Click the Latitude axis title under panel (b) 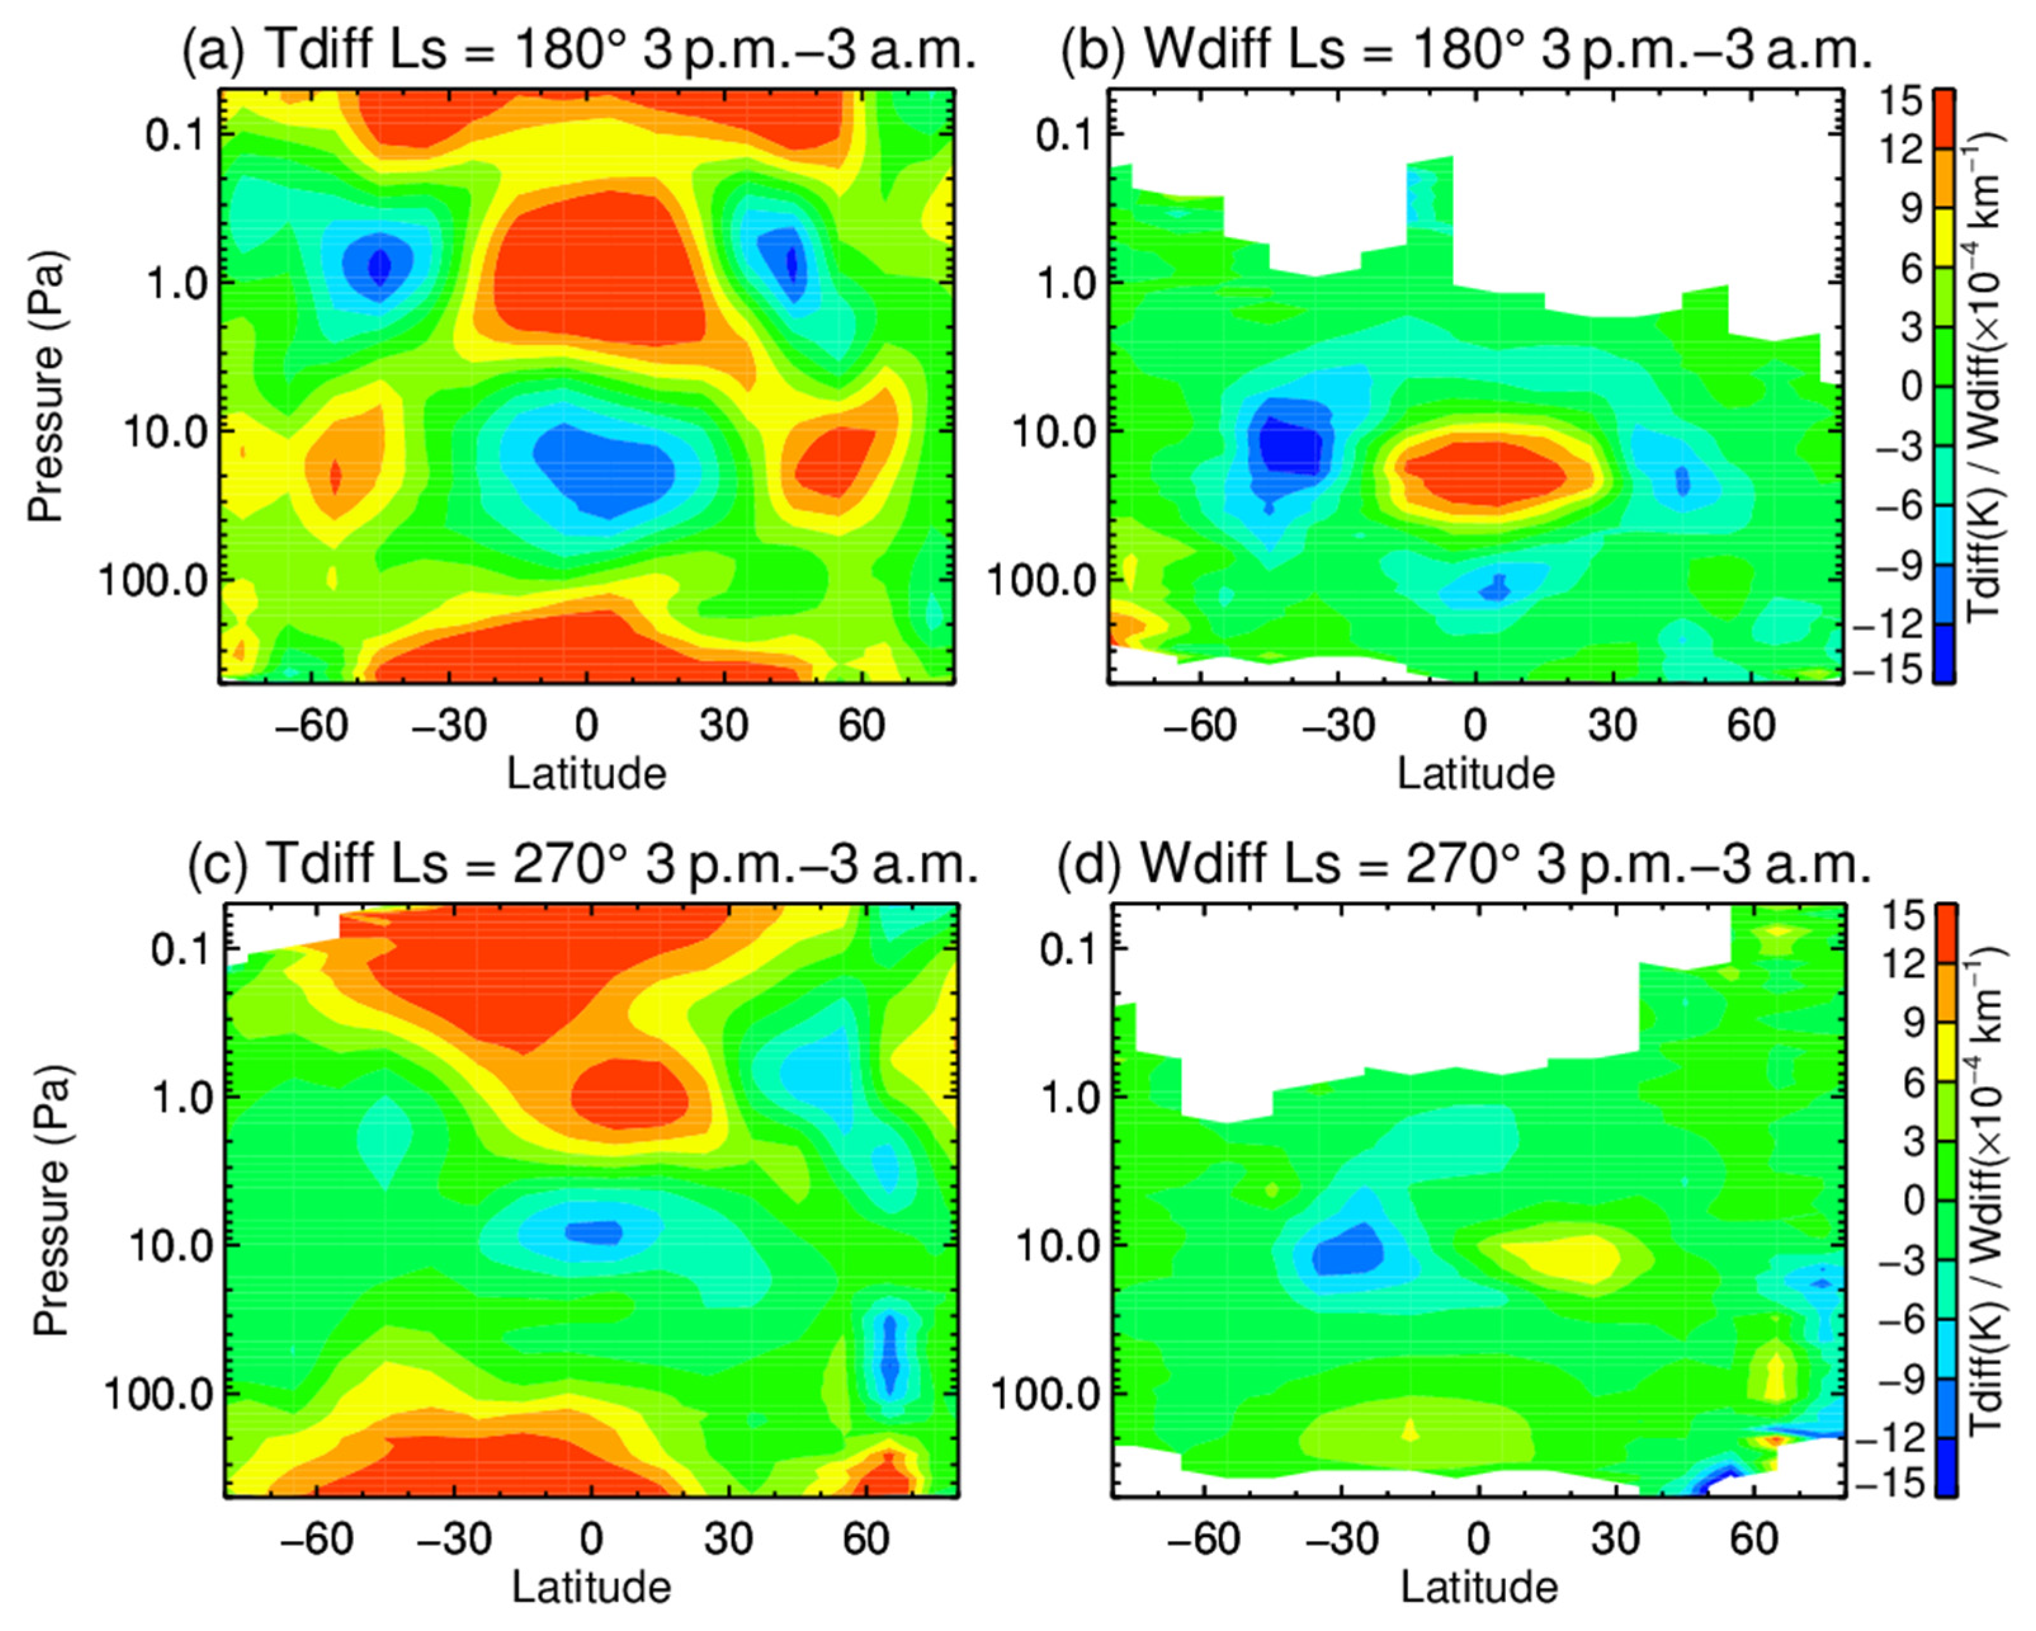[1475, 774]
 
